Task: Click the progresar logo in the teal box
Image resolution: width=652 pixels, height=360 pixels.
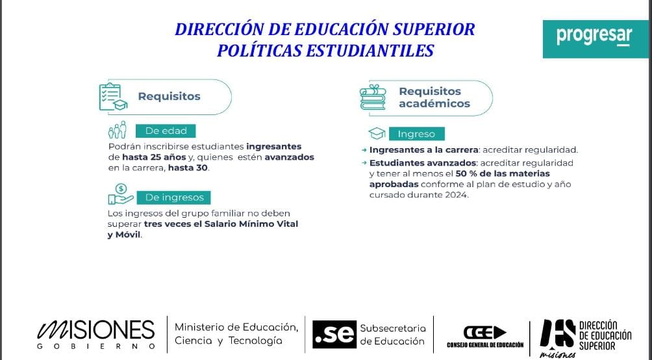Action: point(594,36)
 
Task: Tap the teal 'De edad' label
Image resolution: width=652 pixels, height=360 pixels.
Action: point(166,131)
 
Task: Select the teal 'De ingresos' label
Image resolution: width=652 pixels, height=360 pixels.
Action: point(174,197)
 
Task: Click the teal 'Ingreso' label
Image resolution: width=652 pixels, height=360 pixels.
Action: point(416,134)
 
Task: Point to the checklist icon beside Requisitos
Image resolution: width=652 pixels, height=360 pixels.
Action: point(112,97)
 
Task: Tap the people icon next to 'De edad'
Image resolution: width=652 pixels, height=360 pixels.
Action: point(118,130)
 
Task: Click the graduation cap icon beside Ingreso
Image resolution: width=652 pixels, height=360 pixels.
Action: point(377,134)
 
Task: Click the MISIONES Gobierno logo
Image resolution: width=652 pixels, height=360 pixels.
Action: point(95,333)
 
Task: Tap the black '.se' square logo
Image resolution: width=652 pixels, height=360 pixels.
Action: point(334,335)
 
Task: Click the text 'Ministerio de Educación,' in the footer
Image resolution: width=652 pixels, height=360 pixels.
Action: point(236,327)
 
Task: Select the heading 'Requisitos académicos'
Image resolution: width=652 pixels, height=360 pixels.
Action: point(434,97)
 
